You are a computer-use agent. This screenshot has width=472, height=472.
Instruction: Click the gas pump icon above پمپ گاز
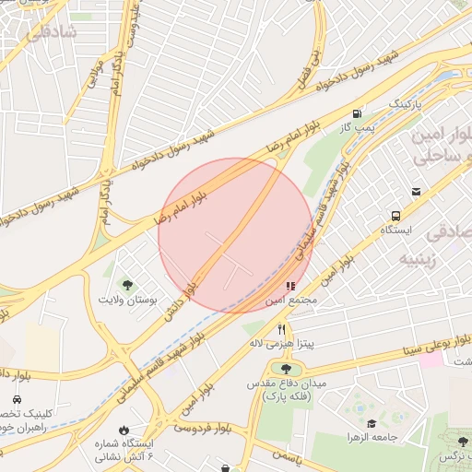click(356, 112)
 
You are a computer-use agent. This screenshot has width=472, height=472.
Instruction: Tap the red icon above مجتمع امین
click(291, 287)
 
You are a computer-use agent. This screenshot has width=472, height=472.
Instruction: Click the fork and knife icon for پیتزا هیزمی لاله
click(282, 329)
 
